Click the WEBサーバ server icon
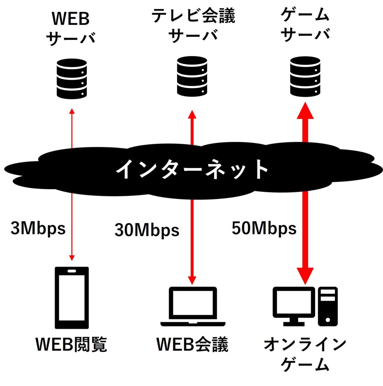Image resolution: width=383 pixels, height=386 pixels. [71, 78]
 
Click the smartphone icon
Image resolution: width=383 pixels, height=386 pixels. [72, 298]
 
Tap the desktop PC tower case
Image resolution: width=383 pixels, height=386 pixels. [327, 306]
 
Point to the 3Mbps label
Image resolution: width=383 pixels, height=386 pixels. [38, 228]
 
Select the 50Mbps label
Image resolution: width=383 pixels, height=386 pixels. [264, 228]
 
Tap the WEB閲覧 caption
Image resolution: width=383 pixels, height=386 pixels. [72, 344]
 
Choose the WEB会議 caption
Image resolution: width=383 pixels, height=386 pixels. [192, 344]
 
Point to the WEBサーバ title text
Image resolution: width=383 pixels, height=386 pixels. [71, 28]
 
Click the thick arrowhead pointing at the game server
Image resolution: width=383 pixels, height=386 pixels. [305, 112]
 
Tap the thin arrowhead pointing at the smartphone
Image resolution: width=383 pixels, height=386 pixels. [72, 257]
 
